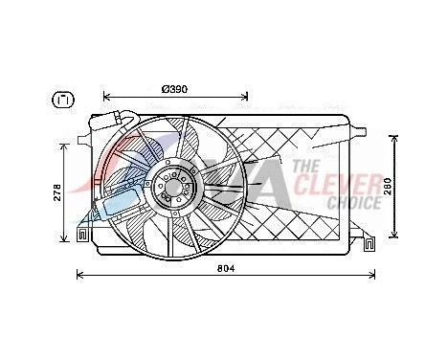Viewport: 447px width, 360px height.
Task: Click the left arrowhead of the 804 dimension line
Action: (79, 277)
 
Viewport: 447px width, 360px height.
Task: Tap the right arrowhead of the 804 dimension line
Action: (372, 277)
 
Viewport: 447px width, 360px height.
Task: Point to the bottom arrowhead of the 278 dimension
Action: (68, 239)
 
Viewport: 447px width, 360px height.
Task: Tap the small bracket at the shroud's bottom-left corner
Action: (85, 232)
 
